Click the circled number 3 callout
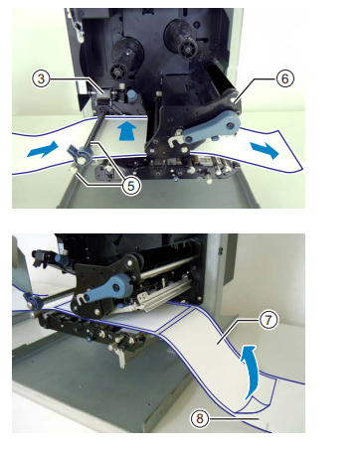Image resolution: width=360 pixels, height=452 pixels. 41,78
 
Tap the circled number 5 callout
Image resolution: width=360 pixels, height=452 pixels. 131,186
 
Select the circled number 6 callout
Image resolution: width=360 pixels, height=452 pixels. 284,78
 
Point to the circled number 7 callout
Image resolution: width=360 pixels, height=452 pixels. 268,320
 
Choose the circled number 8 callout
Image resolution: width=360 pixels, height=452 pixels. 199,418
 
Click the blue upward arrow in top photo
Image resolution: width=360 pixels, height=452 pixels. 127,130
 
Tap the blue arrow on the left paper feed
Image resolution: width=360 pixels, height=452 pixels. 42,149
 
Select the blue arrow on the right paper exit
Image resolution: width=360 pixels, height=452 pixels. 265,151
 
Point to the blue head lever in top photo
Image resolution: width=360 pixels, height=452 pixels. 212,128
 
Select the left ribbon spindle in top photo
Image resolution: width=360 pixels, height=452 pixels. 122,59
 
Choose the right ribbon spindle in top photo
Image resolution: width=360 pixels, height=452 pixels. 181,38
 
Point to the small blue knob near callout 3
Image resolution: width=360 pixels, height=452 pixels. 132,95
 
